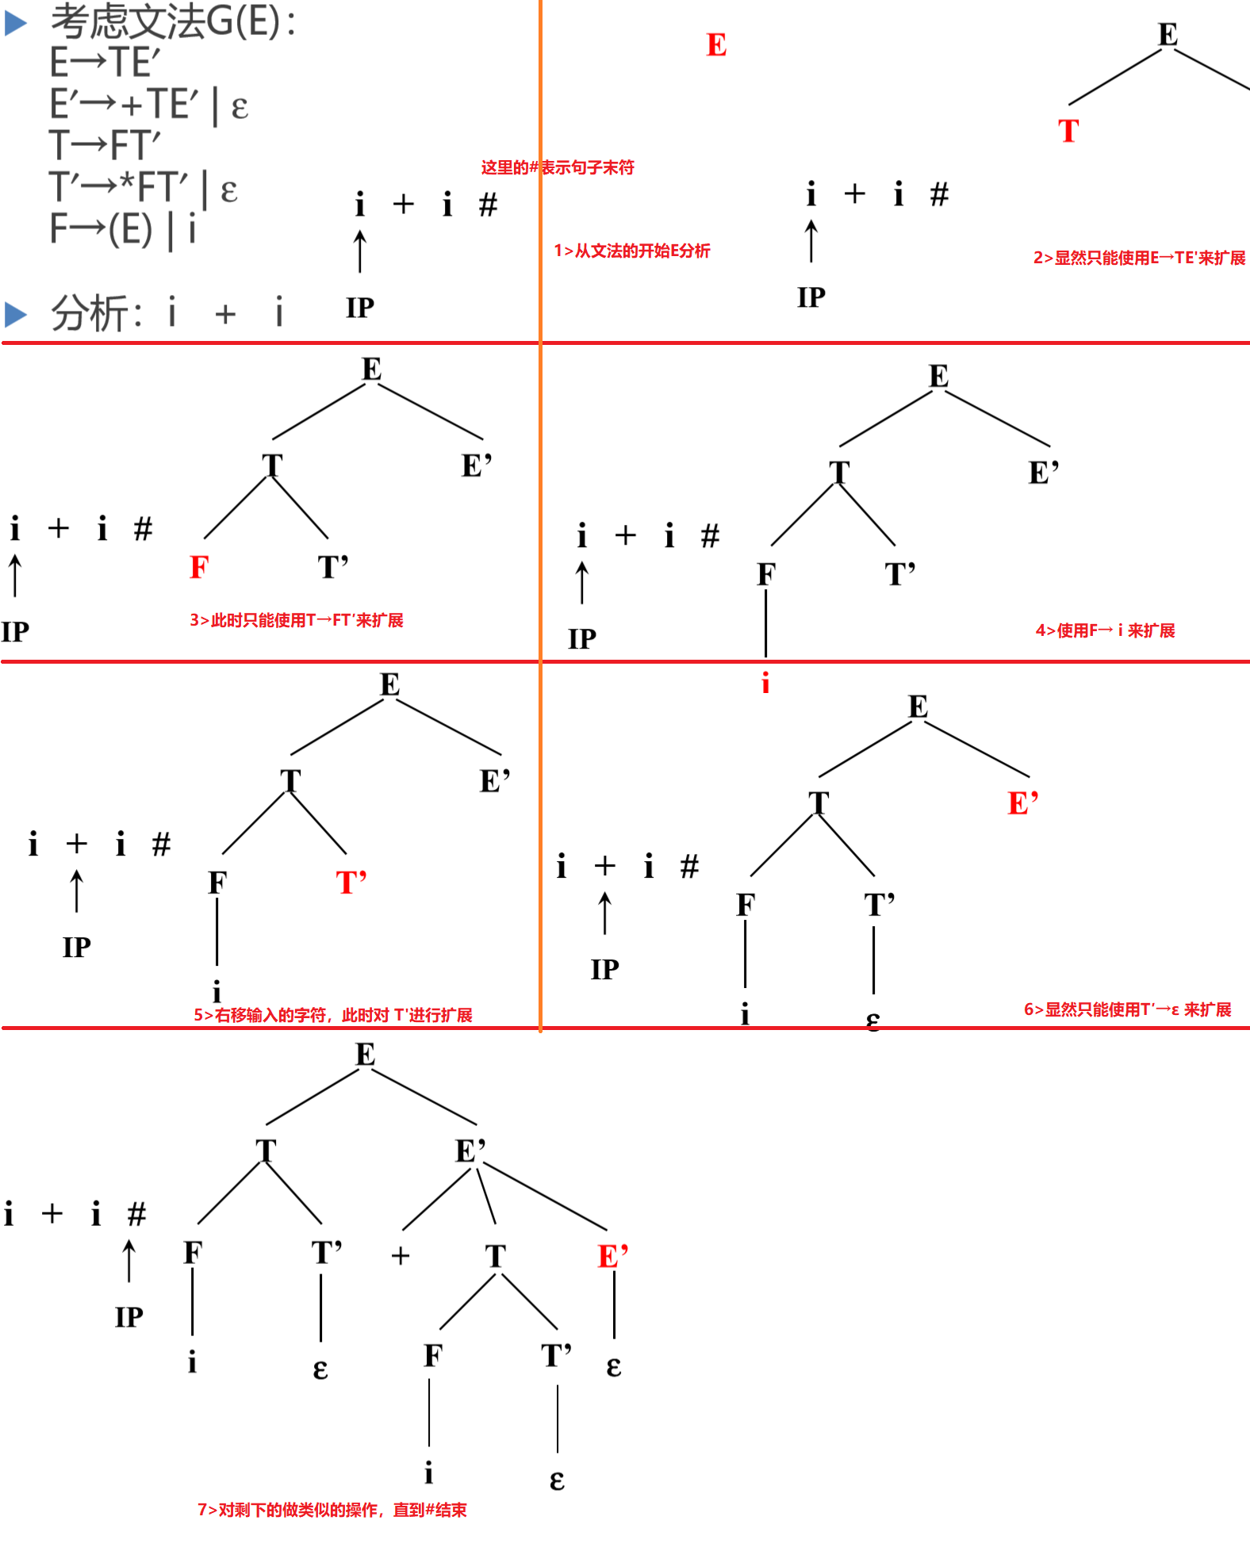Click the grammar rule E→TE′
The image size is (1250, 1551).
point(105,63)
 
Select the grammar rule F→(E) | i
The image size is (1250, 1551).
point(123,230)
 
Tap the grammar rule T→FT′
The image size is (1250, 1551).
point(105,146)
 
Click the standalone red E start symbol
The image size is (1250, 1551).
point(716,45)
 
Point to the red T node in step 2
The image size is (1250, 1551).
point(1068,131)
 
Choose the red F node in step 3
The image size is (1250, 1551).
point(199,567)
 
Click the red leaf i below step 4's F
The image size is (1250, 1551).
point(765,683)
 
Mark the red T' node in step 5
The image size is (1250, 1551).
point(351,883)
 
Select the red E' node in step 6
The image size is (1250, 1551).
point(1023,803)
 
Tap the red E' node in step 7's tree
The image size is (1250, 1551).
point(613,1257)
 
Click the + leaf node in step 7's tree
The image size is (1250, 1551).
point(401,1256)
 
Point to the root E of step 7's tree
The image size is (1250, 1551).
point(365,1055)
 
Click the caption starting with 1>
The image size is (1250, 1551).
point(632,251)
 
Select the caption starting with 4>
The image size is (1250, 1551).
point(1105,630)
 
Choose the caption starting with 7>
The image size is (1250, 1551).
point(332,1510)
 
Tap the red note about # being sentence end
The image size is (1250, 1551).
point(558,167)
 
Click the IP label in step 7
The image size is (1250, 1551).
point(129,1317)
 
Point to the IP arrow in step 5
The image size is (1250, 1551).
point(77,890)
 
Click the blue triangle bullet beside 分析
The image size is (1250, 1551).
point(16,314)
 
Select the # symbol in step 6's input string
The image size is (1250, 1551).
point(690,866)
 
